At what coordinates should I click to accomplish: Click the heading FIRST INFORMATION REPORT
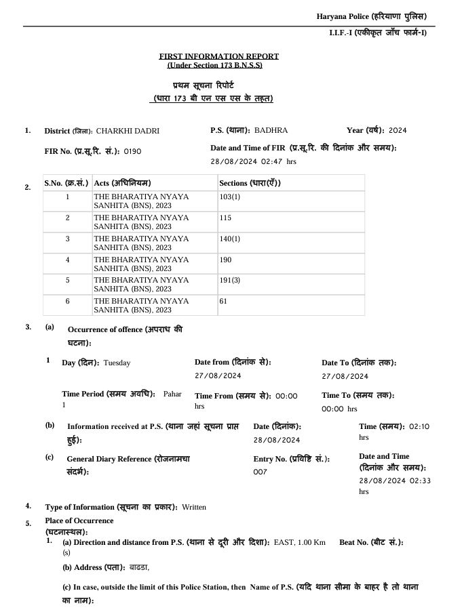218,56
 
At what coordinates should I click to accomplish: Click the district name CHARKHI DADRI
128,131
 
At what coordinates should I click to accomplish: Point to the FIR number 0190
132,151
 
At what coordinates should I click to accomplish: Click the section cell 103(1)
230,197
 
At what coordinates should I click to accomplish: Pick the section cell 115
225,218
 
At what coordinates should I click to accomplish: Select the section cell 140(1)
230,239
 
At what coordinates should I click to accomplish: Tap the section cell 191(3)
230,280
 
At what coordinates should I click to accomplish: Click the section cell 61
223,300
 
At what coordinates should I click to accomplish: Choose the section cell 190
225,260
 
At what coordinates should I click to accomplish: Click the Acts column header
122,183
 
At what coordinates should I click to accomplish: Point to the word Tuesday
117,363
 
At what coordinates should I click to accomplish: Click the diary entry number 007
261,472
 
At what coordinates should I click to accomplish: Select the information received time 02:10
419,426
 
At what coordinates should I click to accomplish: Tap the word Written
193,507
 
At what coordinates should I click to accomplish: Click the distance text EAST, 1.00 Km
299,542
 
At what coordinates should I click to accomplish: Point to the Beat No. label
371,542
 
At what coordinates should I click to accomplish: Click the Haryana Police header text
372,16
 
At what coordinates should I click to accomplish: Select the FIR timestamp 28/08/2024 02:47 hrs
254,162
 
